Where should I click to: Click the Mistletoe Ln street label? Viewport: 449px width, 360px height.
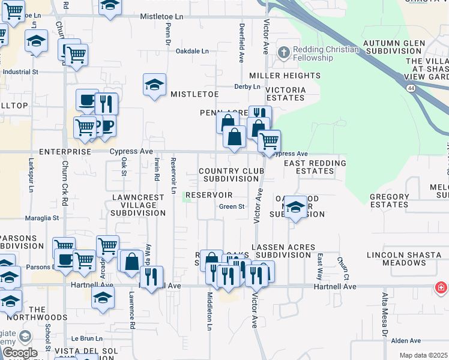click(161, 17)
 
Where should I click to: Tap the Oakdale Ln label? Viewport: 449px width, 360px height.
click(191, 51)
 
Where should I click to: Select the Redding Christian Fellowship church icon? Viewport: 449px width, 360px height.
click(283, 52)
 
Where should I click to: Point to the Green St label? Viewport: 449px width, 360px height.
click(232, 207)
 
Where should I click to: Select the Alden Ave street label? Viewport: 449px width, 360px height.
click(406, 341)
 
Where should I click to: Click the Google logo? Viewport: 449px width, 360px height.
click(20, 353)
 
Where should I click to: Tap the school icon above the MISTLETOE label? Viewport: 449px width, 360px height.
click(155, 85)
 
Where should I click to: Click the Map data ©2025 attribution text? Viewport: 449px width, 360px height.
click(423, 356)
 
